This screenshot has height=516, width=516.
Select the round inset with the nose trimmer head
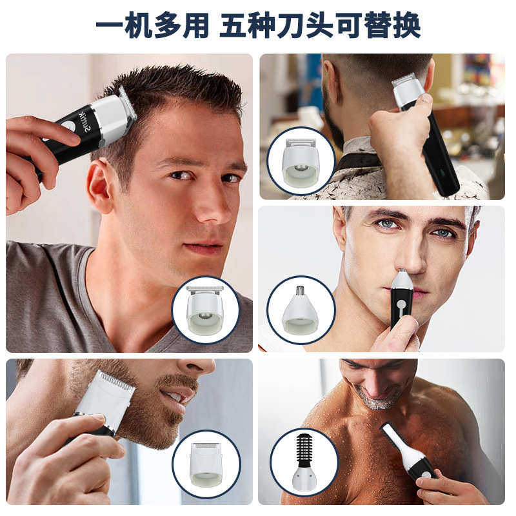pos(301,310)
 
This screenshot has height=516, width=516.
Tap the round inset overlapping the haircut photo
pos(205,310)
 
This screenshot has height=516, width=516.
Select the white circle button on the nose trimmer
pos(401,303)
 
